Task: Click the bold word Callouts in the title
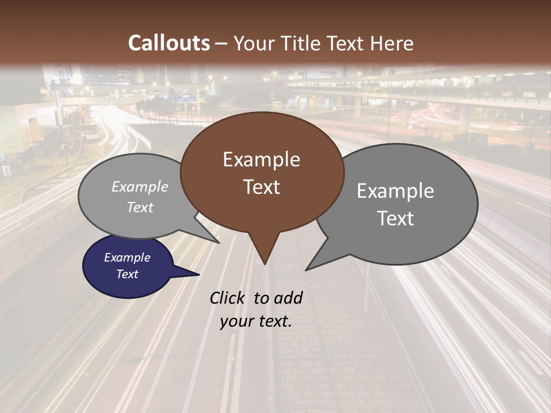click(x=169, y=43)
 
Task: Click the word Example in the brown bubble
click(x=261, y=159)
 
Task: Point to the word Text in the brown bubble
click(x=261, y=187)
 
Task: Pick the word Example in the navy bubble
click(x=127, y=258)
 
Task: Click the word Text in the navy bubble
click(x=127, y=274)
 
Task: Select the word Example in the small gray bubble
click(x=140, y=186)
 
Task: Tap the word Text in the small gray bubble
click(x=140, y=207)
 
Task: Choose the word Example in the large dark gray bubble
click(x=395, y=191)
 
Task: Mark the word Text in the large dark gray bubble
click(x=395, y=219)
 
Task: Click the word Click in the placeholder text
click(x=227, y=298)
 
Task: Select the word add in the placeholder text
click(x=288, y=298)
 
